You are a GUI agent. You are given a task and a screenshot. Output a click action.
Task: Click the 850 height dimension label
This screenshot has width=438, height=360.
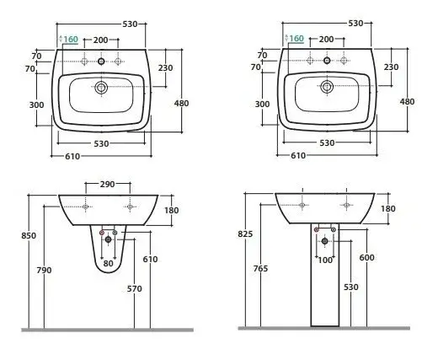[x=29, y=235]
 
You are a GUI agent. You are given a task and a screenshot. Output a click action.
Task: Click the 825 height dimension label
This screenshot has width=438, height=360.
[x=245, y=234]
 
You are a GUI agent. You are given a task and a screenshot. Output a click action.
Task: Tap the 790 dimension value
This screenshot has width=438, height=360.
[x=45, y=270]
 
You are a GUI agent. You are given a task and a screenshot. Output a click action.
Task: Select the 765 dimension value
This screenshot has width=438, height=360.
[x=260, y=269]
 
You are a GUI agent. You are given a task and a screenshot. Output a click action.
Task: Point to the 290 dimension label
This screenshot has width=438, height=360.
[x=108, y=184]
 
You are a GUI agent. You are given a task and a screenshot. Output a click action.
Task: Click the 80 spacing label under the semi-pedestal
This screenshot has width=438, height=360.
[x=108, y=263]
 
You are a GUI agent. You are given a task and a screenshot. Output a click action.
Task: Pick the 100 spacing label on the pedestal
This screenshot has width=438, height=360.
[x=325, y=261]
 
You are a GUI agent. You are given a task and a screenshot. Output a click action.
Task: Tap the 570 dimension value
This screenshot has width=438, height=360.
[x=135, y=288]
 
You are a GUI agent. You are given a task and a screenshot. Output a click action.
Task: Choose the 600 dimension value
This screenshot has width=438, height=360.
[x=366, y=257]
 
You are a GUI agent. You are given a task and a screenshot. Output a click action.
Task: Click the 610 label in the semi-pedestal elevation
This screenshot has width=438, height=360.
[x=150, y=259]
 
